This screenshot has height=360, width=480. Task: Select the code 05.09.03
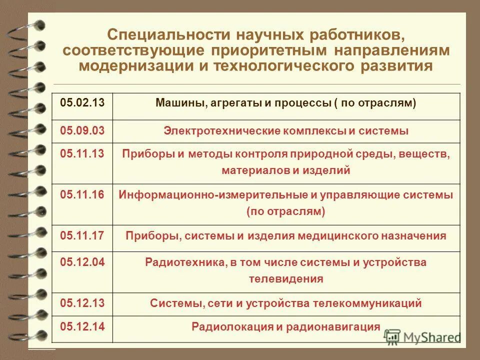tap(82, 131)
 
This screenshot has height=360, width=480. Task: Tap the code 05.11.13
tap(82, 153)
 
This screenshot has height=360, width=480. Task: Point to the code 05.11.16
tap(82, 194)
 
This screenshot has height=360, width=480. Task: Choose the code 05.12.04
tap(82, 262)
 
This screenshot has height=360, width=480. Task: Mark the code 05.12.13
tap(82, 302)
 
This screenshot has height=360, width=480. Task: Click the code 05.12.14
tap(82, 327)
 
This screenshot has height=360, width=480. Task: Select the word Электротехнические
tap(217, 131)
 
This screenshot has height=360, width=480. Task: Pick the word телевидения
tap(286, 279)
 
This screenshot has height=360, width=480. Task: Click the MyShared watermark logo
tap(423, 336)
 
